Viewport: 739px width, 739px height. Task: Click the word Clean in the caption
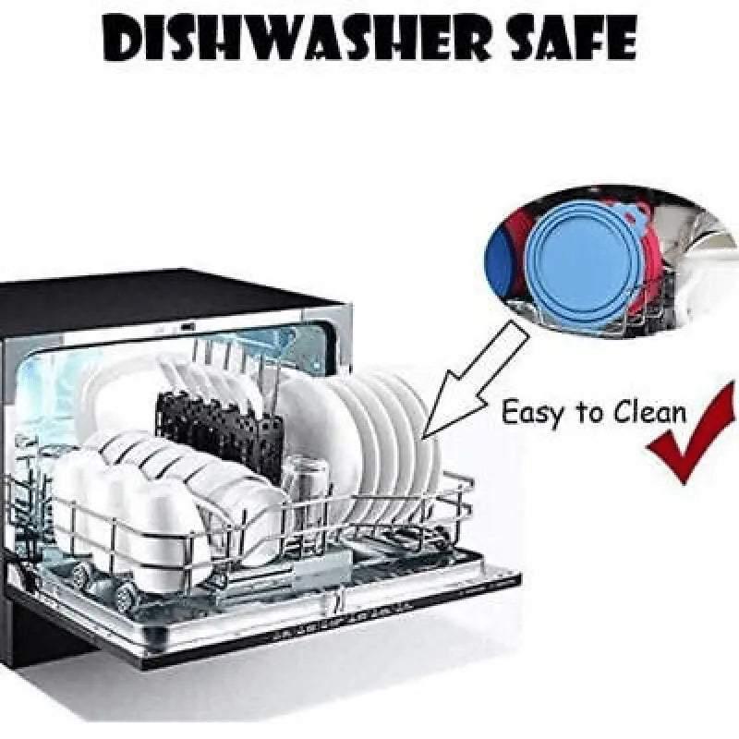point(650,411)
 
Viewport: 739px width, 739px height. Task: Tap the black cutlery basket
point(220,431)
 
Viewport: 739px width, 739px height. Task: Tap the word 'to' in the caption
point(588,412)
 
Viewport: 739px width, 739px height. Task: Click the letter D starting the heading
point(124,39)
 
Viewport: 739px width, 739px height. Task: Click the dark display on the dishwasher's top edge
point(188,326)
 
